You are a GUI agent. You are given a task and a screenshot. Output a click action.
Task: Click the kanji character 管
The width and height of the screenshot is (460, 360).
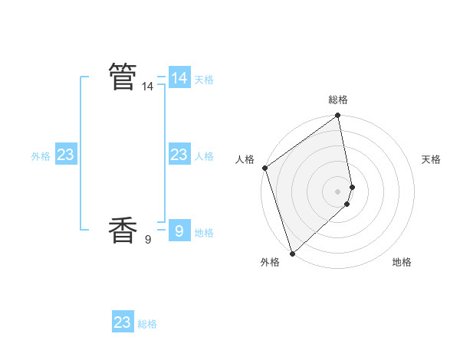[x=123, y=77]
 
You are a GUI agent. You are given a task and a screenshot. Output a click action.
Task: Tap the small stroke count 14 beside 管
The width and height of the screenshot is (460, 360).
[x=147, y=87]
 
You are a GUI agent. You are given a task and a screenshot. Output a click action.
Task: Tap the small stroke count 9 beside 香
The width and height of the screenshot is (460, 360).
[x=147, y=240]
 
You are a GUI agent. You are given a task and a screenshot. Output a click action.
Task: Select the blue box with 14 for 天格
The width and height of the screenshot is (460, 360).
[x=179, y=78]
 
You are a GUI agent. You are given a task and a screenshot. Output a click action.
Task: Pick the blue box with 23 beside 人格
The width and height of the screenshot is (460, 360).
[x=179, y=155]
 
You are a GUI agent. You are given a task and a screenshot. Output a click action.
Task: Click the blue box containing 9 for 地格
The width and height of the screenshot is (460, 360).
[x=179, y=231]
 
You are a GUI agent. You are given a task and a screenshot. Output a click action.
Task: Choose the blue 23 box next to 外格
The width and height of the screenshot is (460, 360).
[x=65, y=155]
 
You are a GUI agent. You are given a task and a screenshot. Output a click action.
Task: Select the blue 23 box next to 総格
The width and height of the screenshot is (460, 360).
[x=123, y=322]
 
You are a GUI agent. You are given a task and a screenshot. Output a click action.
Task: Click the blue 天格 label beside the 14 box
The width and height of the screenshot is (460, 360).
[x=204, y=80]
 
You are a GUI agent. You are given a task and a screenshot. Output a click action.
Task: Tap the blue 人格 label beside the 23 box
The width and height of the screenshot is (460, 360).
[x=204, y=156]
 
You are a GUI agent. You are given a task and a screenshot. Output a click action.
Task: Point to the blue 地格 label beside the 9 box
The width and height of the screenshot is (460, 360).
[x=204, y=233]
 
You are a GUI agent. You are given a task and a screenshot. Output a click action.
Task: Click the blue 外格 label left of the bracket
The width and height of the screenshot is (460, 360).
[x=41, y=156]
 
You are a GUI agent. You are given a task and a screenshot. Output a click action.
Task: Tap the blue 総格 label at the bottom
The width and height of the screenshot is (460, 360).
[x=147, y=324]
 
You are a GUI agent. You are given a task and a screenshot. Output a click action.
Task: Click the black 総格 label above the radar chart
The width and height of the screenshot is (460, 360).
[x=338, y=100]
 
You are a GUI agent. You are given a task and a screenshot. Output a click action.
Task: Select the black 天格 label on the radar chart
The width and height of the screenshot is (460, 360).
[x=432, y=159]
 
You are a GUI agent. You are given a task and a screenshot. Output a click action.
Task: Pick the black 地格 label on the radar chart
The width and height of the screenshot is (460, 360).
[x=402, y=262]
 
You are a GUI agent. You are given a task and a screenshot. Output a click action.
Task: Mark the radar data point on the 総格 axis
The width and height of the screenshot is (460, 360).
[x=338, y=116]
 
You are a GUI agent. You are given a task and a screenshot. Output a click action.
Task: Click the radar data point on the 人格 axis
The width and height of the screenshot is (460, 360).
[x=264, y=168]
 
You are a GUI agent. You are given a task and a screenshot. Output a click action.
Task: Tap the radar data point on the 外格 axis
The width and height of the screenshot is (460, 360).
[x=292, y=253]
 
